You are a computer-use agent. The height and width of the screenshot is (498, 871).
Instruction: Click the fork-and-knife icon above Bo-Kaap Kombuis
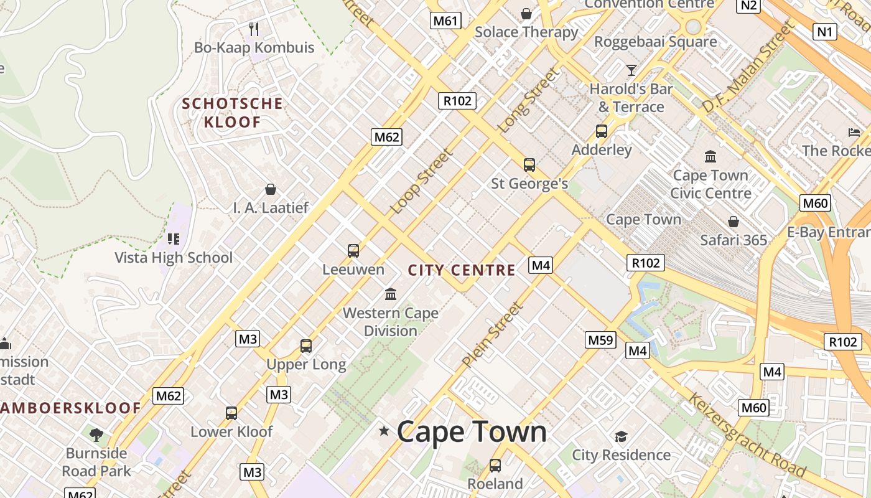pyautogui.click(x=253, y=29)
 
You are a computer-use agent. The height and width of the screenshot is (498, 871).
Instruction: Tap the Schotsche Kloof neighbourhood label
pyautogui.click(x=232, y=113)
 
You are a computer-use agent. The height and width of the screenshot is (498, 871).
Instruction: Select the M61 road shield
pyautogui.click(x=445, y=21)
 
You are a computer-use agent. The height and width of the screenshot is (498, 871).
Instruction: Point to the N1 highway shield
pyautogui.click(x=824, y=32)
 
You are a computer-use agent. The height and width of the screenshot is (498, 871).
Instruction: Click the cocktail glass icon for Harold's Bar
pyautogui.click(x=631, y=70)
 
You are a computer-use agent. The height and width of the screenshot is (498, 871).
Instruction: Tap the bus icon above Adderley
pyautogui.click(x=601, y=131)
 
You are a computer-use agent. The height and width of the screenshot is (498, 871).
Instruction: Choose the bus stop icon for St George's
pyautogui.click(x=529, y=165)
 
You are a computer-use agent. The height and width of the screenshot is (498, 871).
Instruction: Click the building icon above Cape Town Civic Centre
pyautogui.click(x=710, y=156)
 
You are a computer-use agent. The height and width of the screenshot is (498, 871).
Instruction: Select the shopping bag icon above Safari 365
pyautogui.click(x=734, y=222)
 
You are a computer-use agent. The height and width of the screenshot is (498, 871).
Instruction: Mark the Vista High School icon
pyautogui.click(x=174, y=238)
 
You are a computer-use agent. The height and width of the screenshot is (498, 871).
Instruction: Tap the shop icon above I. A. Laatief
pyautogui.click(x=271, y=189)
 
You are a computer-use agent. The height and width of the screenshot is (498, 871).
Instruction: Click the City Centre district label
pyautogui.click(x=462, y=270)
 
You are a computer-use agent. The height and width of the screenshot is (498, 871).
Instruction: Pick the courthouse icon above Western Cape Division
pyautogui.click(x=391, y=294)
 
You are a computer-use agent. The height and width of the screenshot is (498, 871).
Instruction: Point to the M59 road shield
pyautogui.click(x=601, y=340)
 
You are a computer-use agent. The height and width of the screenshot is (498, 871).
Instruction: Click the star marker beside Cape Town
pyautogui.click(x=384, y=431)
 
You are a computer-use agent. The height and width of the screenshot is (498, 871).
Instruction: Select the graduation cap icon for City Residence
pyautogui.click(x=620, y=436)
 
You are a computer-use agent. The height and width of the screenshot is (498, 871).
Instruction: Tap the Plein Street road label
pyautogui.click(x=492, y=334)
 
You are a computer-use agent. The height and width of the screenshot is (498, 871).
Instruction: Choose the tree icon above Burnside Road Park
pyautogui.click(x=96, y=435)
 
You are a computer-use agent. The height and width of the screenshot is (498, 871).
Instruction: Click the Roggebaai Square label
pyautogui.click(x=656, y=42)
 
